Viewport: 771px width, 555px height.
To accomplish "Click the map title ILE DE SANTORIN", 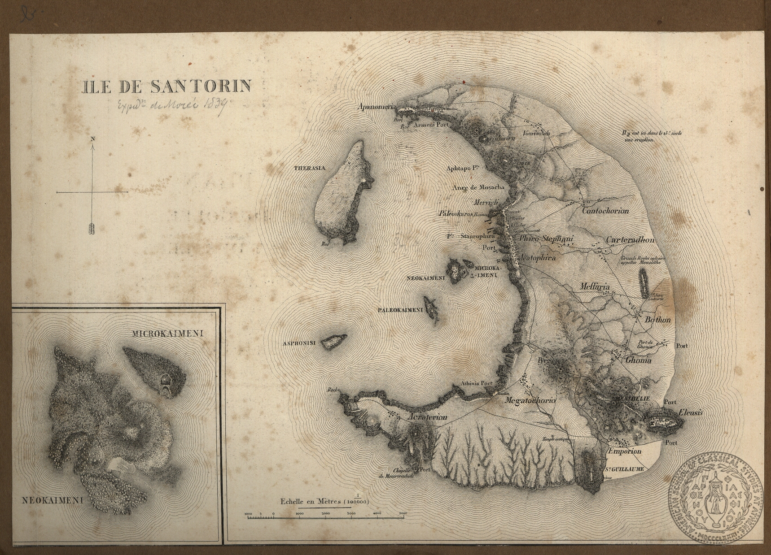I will click(x=166, y=86).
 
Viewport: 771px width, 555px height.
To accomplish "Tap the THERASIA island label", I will click(x=309, y=169).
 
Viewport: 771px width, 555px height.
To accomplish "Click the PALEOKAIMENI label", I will click(x=400, y=310).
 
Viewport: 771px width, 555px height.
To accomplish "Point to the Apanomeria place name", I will click(x=377, y=107).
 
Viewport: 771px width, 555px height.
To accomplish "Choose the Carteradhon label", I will click(x=630, y=240).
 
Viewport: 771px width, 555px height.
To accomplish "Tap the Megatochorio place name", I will click(x=530, y=401).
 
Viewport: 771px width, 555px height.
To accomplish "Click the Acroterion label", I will click(x=429, y=417).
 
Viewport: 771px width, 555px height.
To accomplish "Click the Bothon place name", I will click(x=657, y=320).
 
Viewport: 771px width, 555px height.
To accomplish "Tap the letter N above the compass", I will click(x=93, y=139).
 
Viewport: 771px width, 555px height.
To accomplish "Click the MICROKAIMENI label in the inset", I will click(x=168, y=334).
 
